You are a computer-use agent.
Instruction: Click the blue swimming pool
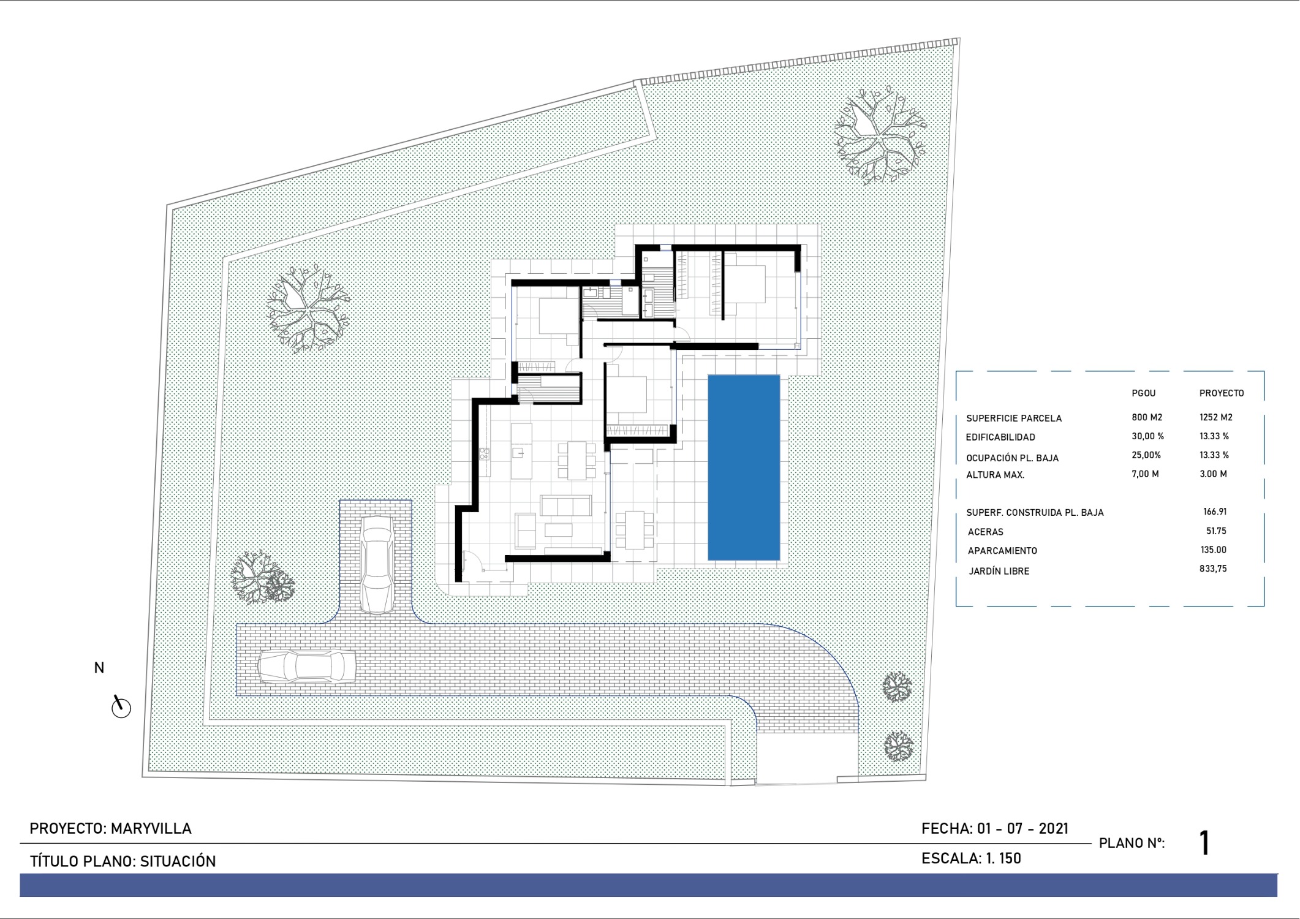(x=744, y=467)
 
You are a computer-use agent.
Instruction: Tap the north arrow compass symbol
(x=121, y=706)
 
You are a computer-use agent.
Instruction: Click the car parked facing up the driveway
(x=377, y=564)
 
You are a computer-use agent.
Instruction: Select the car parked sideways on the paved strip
(x=306, y=666)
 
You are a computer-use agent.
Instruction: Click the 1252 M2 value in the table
(x=1215, y=417)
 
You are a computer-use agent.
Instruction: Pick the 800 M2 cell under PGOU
(x=1147, y=417)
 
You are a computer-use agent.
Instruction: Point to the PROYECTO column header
(x=1222, y=393)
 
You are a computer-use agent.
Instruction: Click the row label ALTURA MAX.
(x=995, y=475)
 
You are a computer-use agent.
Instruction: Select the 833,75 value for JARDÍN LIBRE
(x=1213, y=569)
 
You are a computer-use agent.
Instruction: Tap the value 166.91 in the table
(x=1215, y=512)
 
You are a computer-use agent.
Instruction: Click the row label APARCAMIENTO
(x=1002, y=551)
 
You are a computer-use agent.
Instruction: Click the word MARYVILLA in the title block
(x=151, y=828)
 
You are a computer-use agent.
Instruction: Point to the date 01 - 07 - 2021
(x=1022, y=828)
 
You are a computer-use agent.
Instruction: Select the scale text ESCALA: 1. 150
(x=971, y=858)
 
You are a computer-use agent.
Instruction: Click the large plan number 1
(x=1204, y=843)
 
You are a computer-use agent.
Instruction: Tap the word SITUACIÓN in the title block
(x=178, y=861)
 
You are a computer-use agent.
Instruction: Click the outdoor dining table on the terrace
(x=635, y=530)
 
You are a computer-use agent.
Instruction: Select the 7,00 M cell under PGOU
(x=1145, y=474)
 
